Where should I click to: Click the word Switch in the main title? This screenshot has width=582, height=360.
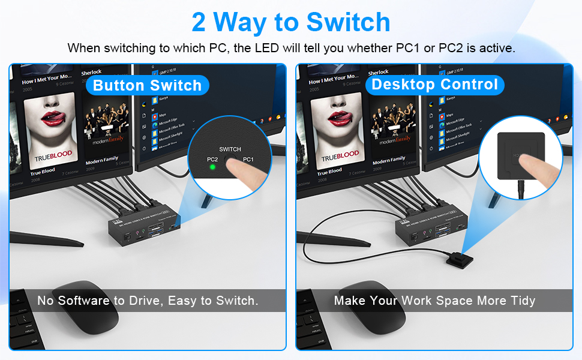click(348, 22)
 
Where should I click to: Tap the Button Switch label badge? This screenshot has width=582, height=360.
click(147, 85)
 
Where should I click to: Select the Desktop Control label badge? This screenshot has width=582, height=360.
click(435, 84)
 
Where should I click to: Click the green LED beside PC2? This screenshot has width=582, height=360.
click(212, 167)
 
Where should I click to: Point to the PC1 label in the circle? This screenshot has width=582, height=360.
click(248, 160)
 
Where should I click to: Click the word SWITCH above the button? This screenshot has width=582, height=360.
click(230, 149)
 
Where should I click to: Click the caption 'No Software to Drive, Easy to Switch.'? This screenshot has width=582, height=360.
click(148, 301)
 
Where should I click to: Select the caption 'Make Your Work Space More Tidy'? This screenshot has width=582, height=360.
click(434, 301)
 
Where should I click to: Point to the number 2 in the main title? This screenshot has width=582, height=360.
click(200, 22)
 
